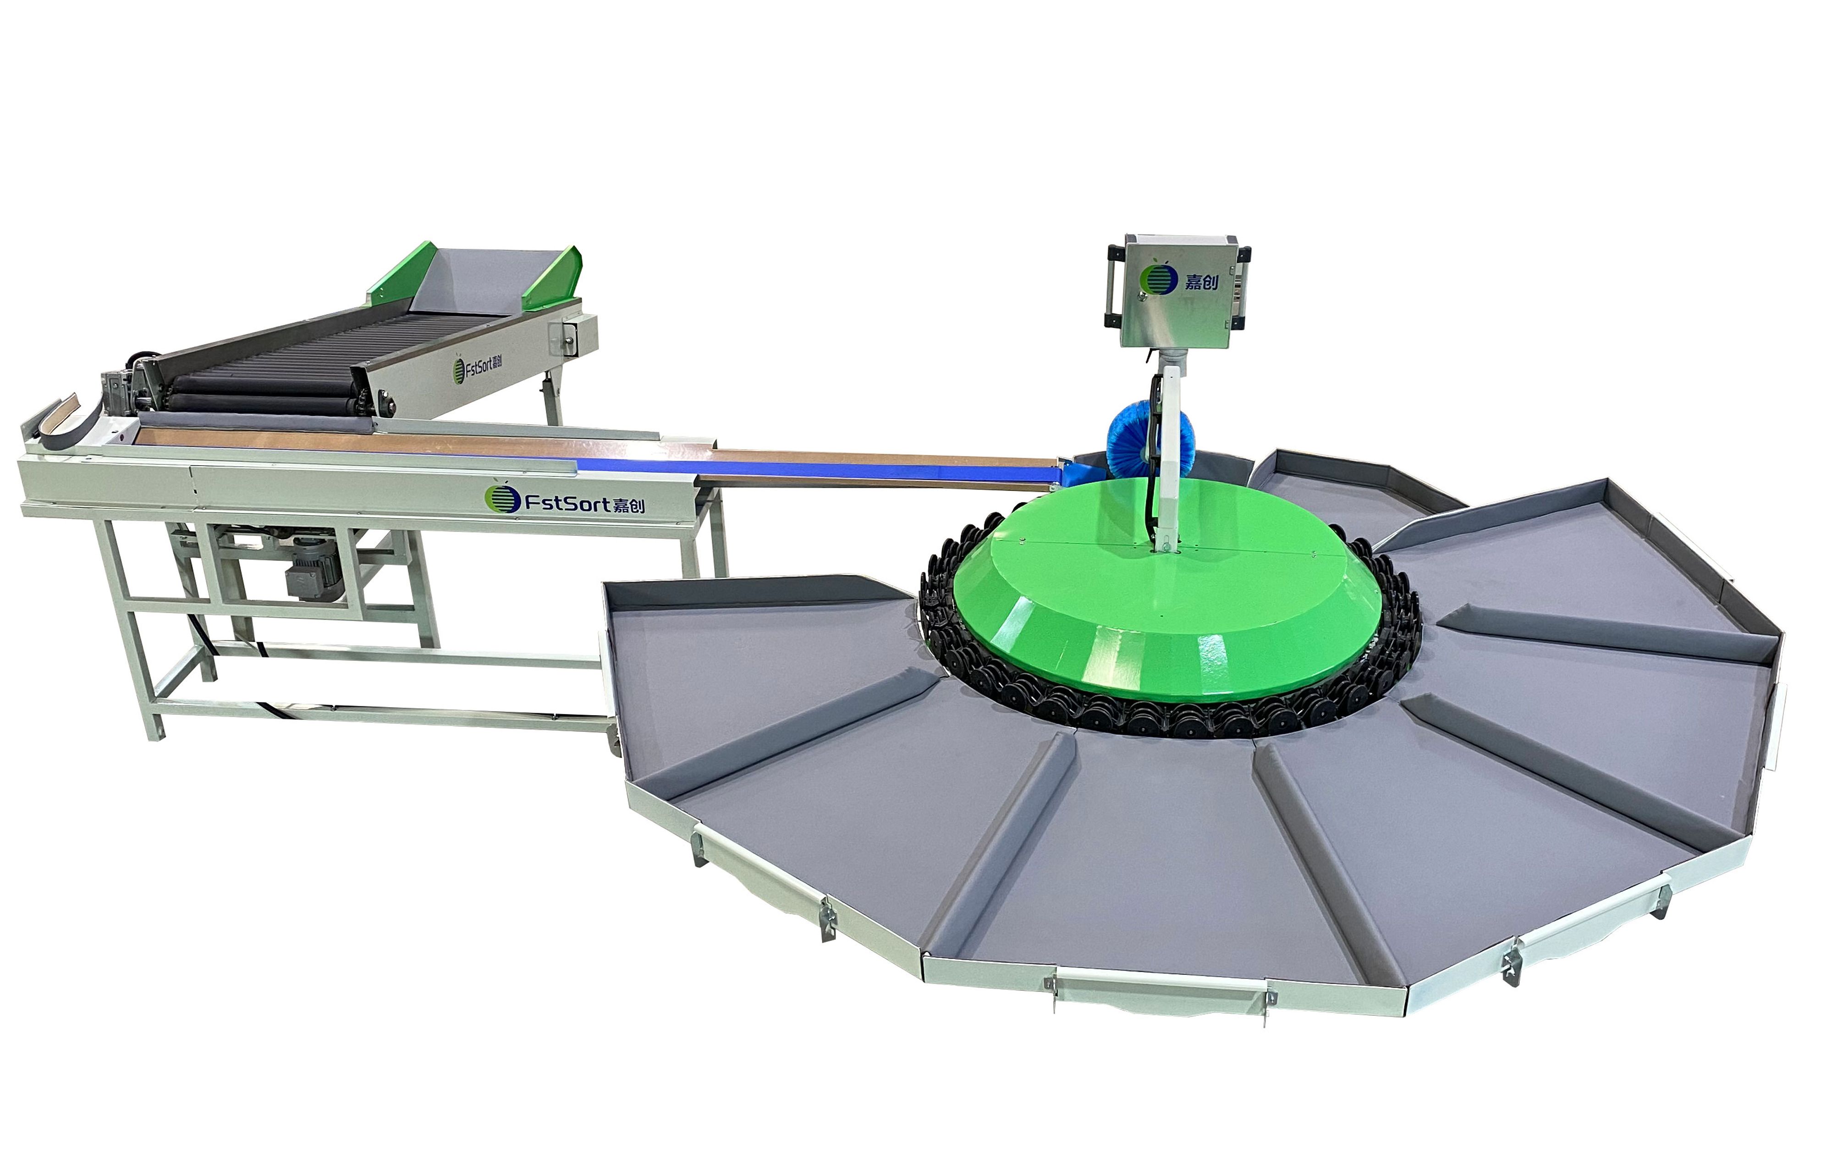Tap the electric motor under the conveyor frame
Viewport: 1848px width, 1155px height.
pyautogui.click(x=313, y=572)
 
